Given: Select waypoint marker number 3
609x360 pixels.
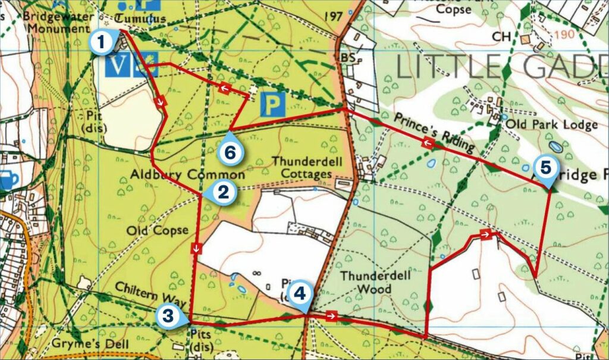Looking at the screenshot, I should (168, 315).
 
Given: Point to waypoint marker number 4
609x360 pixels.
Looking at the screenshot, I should (299, 293).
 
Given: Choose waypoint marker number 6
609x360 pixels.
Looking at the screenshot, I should (231, 152).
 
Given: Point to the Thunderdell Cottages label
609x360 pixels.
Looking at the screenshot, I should (302, 167).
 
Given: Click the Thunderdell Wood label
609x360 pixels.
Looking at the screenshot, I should (366, 283).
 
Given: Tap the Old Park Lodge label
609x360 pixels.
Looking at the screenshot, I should (551, 125).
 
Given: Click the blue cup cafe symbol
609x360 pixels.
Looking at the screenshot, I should (8, 180).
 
